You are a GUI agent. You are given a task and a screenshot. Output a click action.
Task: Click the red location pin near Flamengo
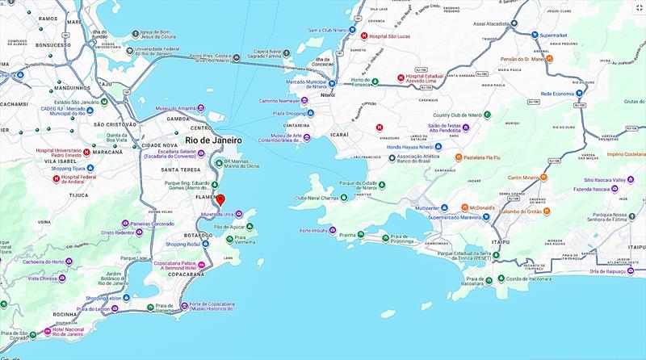coord(223,199)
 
